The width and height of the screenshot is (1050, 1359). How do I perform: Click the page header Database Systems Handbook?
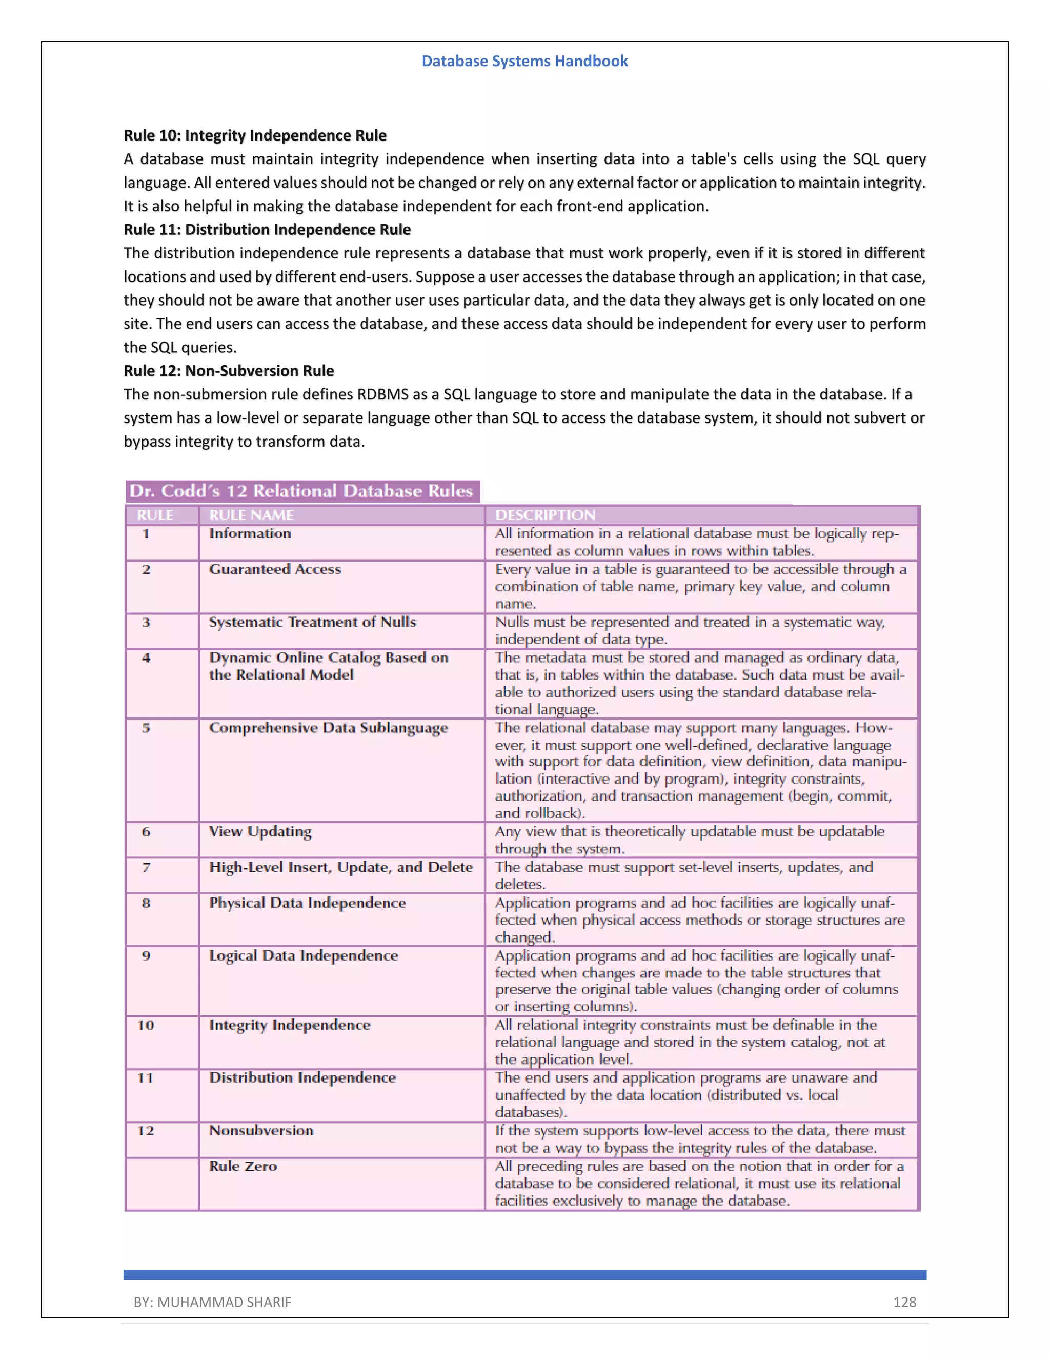coord(524,61)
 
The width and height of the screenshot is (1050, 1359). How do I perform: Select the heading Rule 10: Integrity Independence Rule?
coord(255,136)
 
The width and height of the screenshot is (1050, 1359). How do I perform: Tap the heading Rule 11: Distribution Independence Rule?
coord(267,230)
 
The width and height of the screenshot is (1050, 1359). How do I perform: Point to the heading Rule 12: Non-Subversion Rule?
coord(228,371)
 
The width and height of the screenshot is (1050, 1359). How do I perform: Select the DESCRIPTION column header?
coord(545,515)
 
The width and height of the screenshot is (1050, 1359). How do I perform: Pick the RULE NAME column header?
coord(251,515)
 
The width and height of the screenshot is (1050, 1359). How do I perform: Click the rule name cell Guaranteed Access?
coord(275,569)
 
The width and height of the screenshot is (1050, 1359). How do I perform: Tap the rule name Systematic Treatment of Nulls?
coord(312,622)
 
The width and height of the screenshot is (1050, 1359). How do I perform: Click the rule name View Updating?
coord(260,831)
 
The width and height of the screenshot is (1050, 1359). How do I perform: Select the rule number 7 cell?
coord(146,867)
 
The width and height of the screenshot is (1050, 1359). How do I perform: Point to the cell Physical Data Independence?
coord(307,903)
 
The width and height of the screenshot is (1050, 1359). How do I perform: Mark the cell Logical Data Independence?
coord(303,956)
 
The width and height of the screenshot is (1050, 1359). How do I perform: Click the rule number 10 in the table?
coord(146,1025)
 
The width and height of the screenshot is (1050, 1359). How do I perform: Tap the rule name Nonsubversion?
coord(261,1131)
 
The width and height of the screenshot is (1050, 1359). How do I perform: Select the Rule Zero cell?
coord(243,1166)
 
